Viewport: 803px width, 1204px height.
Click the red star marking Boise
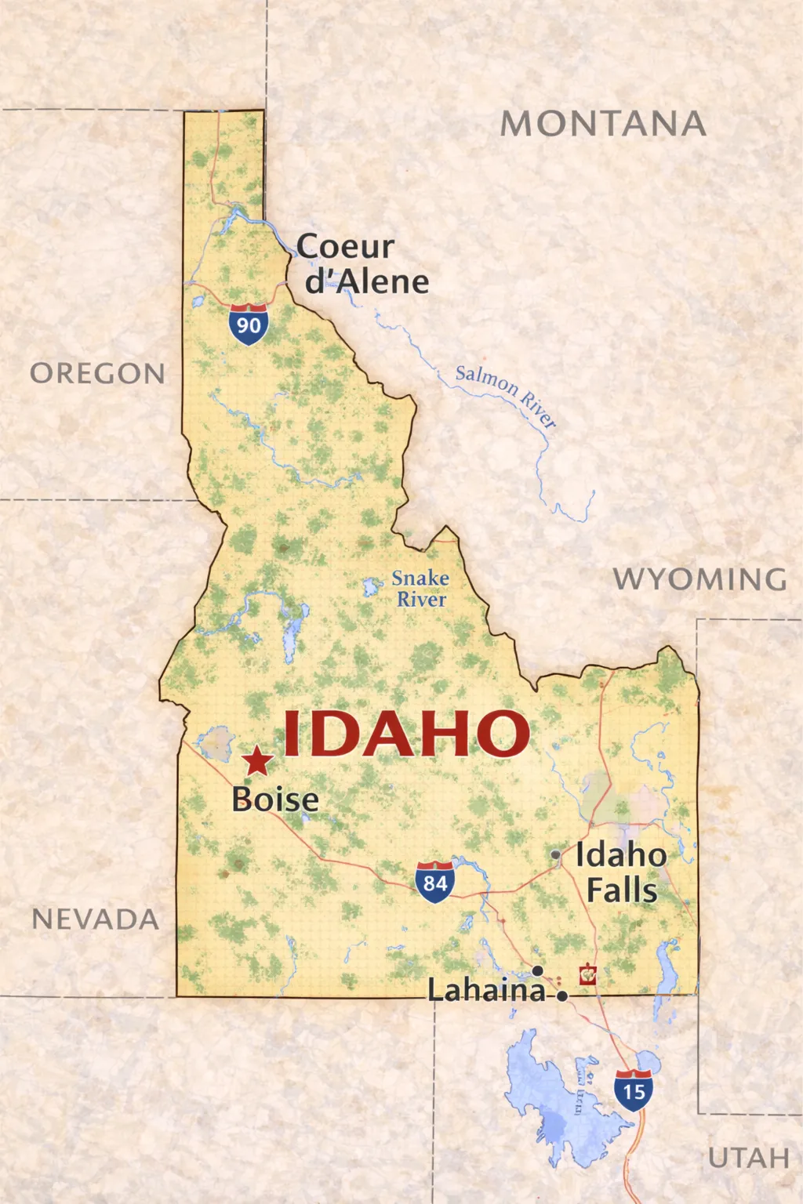point(257,761)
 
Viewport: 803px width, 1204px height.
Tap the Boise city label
point(275,800)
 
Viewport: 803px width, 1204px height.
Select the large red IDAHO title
point(405,734)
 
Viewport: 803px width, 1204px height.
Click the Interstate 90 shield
point(249,324)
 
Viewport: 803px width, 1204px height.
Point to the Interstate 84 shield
point(435,883)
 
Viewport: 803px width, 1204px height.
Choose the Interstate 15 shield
point(634,1090)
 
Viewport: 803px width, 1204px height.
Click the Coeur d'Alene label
point(362,264)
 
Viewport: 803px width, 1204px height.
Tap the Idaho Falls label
point(622,872)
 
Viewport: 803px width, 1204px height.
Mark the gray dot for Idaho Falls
point(556,854)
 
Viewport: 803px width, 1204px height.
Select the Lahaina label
point(486,991)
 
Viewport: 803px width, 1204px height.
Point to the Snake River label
point(420,589)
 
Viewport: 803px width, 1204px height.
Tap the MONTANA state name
point(603,124)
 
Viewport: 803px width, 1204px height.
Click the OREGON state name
point(98,374)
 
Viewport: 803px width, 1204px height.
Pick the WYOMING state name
point(699,579)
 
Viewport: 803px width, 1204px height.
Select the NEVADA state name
point(96,919)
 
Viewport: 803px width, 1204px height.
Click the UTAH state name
point(748,1158)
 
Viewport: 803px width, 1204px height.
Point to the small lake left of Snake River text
point(370,586)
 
